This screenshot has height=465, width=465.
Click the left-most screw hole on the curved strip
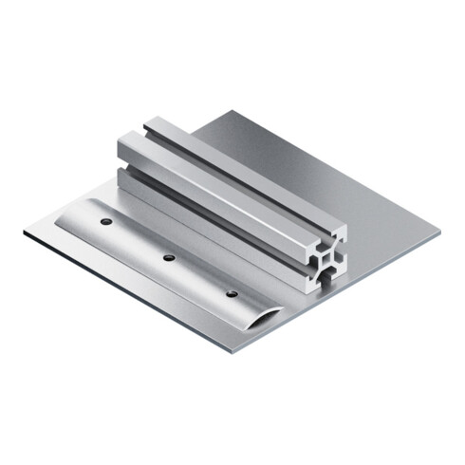(x=107, y=221)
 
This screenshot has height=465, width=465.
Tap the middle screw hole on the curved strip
(x=169, y=257)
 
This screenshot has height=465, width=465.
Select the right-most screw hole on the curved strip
(x=232, y=293)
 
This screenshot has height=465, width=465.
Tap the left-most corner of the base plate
(x=25, y=231)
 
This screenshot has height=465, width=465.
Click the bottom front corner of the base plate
(x=232, y=351)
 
